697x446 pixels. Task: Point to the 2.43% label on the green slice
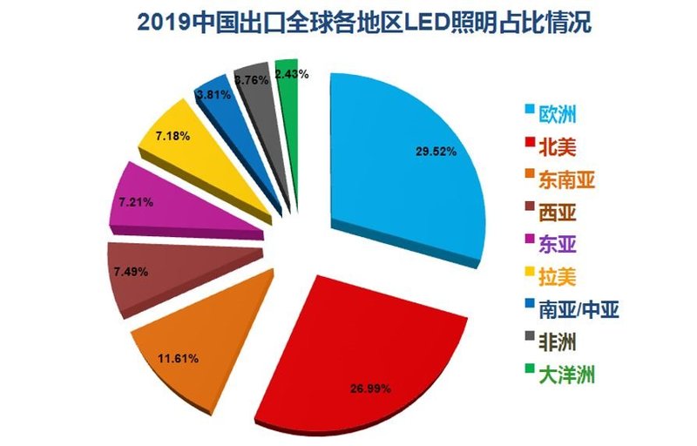pyautogui.click(x=291, y=74)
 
